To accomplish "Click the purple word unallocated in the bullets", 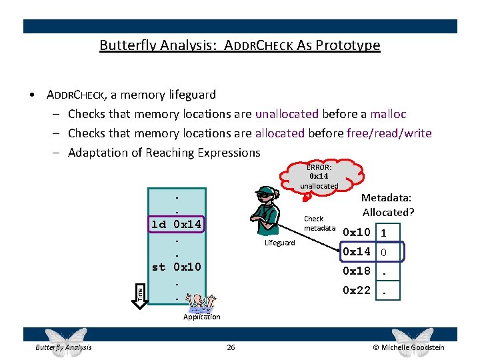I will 287,114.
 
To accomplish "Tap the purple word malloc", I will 389,114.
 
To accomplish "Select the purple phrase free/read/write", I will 389,133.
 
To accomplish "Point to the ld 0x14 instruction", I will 176,224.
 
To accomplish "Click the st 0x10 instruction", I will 176,267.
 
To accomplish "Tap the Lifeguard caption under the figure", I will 279,243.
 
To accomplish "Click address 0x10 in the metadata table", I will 356,233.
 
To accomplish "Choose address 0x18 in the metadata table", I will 356,271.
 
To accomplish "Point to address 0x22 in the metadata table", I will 356,290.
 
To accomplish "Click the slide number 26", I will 231,347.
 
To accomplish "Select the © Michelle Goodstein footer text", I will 409,347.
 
